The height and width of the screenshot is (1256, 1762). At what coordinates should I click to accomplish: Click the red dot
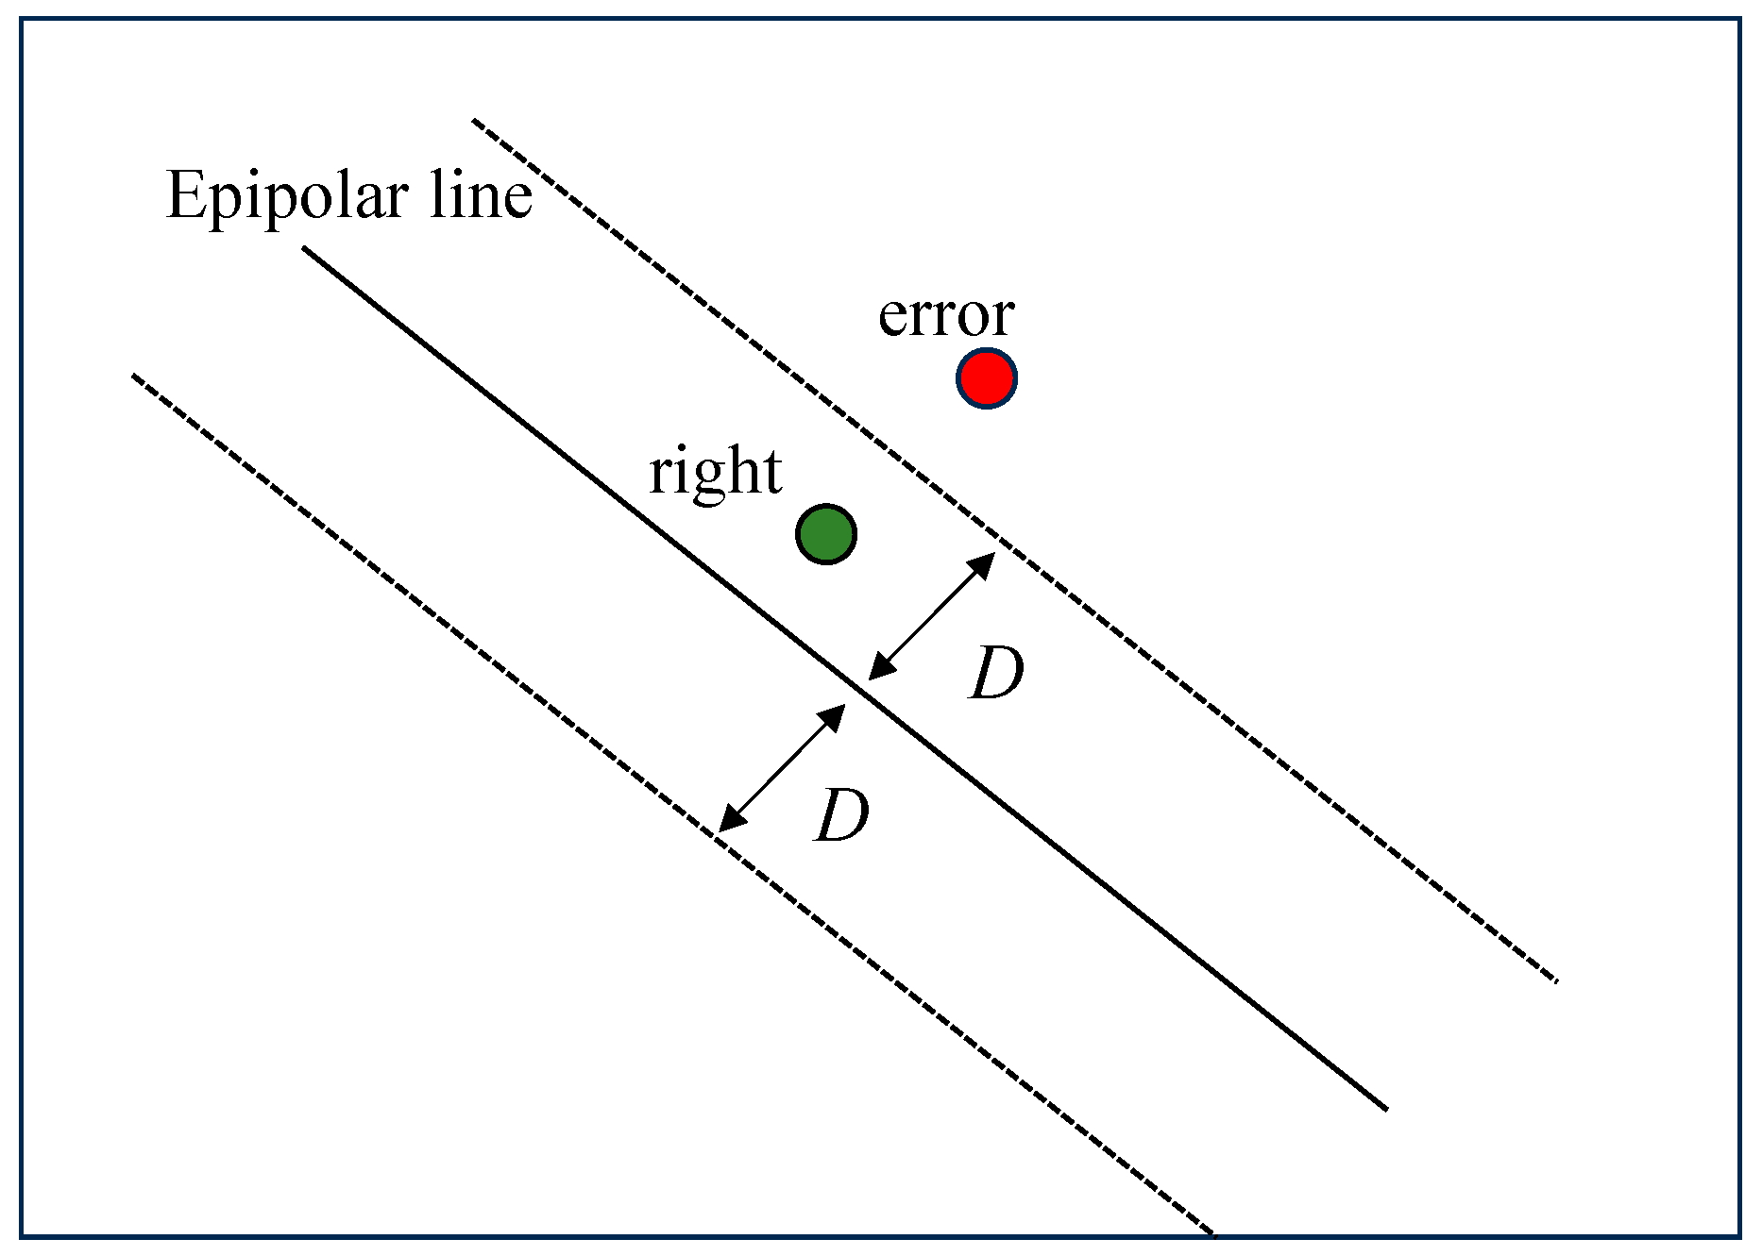click(986, 378)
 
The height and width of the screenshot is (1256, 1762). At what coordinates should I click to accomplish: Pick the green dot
click(826, 534)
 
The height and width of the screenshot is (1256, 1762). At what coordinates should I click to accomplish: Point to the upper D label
click(997, 673)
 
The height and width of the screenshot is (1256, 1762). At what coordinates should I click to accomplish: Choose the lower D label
click(841, 815)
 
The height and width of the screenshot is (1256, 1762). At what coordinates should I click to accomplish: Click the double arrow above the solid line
click(932, 615)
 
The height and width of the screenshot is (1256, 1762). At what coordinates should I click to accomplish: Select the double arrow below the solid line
click(782, 768)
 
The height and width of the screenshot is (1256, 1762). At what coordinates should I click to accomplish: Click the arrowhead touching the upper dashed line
click(985, 562)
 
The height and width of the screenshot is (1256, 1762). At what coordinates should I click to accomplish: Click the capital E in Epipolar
click(186, 195)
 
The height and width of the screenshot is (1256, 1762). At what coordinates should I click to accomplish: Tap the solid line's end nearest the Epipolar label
click(305, 248)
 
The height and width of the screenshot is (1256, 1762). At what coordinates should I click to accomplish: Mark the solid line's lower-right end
click(1384, 1108)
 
